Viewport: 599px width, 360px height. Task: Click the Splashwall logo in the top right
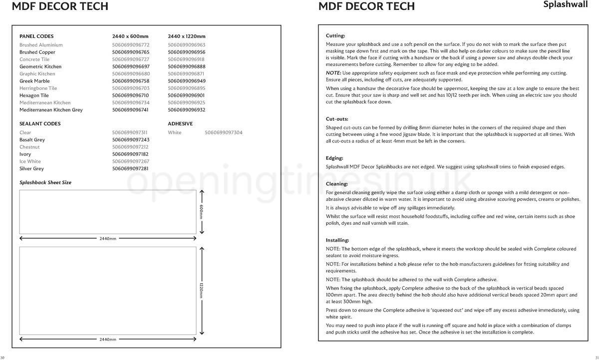pyautogui.click(x=566, y=4)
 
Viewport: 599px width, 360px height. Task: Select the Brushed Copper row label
pyautogui.click(x=37, y=52)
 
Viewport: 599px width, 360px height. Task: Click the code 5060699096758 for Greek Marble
pyautogui.click(x=131, y=81)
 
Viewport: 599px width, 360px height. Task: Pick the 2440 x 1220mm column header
pyautogui.click(x=187, y=36)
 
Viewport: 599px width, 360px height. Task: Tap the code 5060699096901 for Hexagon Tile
pyautogui.click(x=187, y=95)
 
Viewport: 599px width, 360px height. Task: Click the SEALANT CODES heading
pyautogui.click(x=40, y=124)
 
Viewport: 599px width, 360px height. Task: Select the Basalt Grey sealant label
pyautogui.click(x=32, y=140)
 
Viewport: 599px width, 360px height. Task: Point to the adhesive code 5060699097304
pyautogui.click(x=224, y=133)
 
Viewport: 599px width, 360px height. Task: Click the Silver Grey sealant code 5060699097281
pyautogui.click(x=130, y=169)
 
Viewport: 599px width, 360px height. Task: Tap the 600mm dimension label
pyautogui.click(x=202, y=212)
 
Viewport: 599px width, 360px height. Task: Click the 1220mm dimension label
pyautogui.click(x=202, y=291)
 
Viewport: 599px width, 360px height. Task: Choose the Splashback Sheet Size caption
pyautogui.click(x=45, y=183)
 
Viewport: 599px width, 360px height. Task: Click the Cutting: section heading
pyautogui.click(x=335, y=36)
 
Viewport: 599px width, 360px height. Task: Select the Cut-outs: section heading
pyautogui.click(x=337, y=119)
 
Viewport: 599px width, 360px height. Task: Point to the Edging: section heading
pyautogui.click(x=334, y=158)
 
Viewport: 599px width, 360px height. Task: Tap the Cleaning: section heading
pyautogui.click(x=337, y=184)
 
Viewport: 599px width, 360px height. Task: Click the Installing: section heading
pyautogui.click(x=337, y=240)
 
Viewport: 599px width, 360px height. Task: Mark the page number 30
pyautogui.click(x=2, y=358)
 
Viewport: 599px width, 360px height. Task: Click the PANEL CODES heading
pyautogui.click(x=36, y=36)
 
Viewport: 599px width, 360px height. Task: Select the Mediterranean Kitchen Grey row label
pyautogui.click(x=51, y=110)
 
